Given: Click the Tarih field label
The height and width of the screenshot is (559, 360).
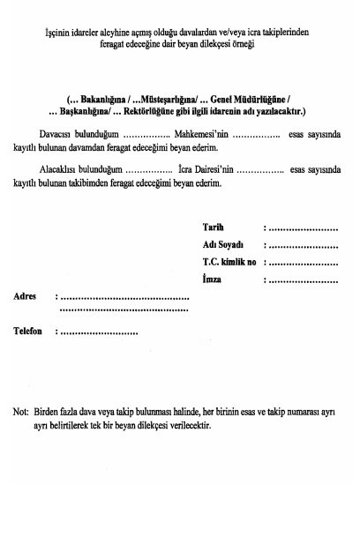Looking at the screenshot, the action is coord(213,227).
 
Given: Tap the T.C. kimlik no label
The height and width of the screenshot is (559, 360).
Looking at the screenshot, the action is coord(229,262).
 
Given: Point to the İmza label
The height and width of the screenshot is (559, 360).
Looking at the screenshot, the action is coord(212,279).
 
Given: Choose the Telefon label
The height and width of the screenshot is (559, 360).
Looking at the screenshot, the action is coord(28,332).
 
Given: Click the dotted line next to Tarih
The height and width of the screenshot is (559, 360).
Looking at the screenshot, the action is coord(304,227).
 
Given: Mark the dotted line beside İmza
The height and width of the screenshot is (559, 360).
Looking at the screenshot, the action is coord(304,280).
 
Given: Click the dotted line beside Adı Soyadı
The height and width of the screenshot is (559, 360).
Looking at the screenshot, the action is coord(304,245).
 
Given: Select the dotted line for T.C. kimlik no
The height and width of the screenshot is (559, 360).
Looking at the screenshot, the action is coord(304,263).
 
